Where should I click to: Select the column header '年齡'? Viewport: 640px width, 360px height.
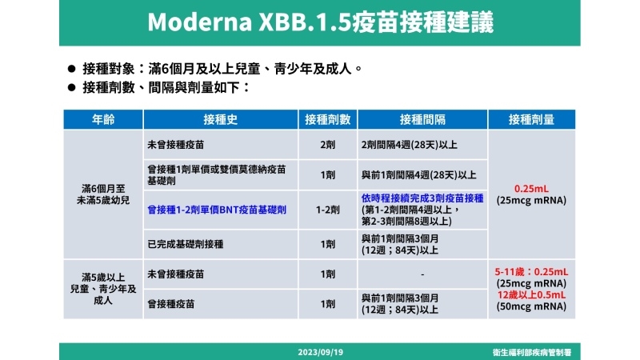(103, 119)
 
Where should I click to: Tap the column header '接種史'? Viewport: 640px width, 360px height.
(220, 119)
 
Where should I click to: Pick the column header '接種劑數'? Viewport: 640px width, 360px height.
(327, 119)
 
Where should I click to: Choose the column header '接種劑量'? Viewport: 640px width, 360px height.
(531, 119)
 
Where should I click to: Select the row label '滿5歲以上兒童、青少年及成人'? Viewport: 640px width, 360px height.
(103, 289)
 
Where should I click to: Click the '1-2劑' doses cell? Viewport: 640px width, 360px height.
(327, 210)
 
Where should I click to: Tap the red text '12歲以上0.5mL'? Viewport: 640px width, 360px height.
(531, 294)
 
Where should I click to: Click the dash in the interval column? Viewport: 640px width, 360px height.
(422, 274)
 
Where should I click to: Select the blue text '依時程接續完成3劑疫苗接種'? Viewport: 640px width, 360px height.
(422, 198)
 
